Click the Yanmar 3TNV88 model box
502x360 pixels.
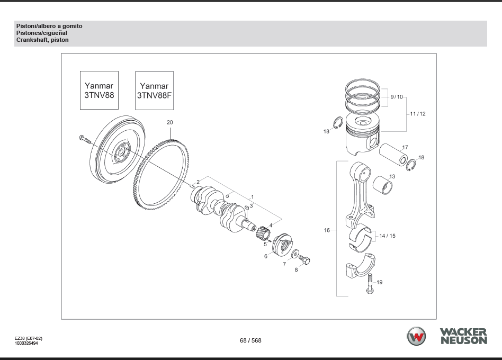[x=99, y=91]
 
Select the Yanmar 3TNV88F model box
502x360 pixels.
[x=154, y=91]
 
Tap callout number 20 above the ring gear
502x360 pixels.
[x=169, y=122]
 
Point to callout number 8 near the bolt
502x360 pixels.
[x=297, y=269]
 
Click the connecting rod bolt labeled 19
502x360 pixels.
[x=369, y=286]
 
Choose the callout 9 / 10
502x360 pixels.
[x=397, y=97]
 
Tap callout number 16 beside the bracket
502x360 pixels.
[x=327, y=230]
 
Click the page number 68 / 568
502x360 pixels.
[x=250, y=340]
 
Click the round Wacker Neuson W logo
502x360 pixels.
[x=416, y=337]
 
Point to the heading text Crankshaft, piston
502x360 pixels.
[x=42, y=40]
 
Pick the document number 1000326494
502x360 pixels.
[x=26, y=343]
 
